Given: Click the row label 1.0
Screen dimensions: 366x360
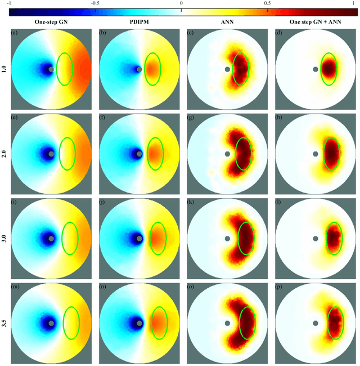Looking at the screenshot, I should click(x=4, y=69).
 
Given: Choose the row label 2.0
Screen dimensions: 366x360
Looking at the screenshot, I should click(x=4, y=154).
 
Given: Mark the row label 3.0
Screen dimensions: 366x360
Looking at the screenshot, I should click(x=4, y=239).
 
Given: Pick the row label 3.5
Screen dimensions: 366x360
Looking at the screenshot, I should click(x=4, y=324).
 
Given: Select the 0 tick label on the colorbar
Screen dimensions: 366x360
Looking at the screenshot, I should click(x=181, y=4).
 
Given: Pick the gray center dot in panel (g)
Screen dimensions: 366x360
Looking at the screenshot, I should click(x=227, y=154).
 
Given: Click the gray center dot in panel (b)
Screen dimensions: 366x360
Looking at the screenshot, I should click(x=139, y=69).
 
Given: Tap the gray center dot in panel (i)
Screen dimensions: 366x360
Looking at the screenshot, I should click(x=51, y=239).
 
